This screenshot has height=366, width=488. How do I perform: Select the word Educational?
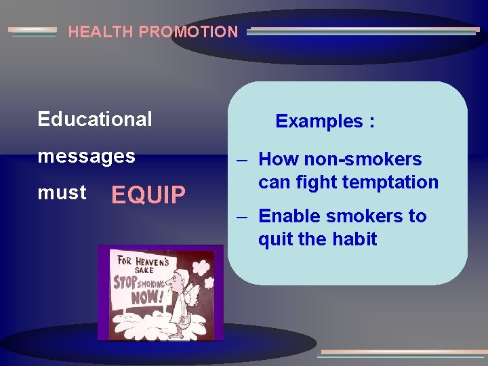point(95,119)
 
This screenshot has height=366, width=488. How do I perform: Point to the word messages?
point(87,157)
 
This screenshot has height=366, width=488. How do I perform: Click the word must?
point(62,192)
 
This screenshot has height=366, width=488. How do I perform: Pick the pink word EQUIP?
point(148,195)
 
